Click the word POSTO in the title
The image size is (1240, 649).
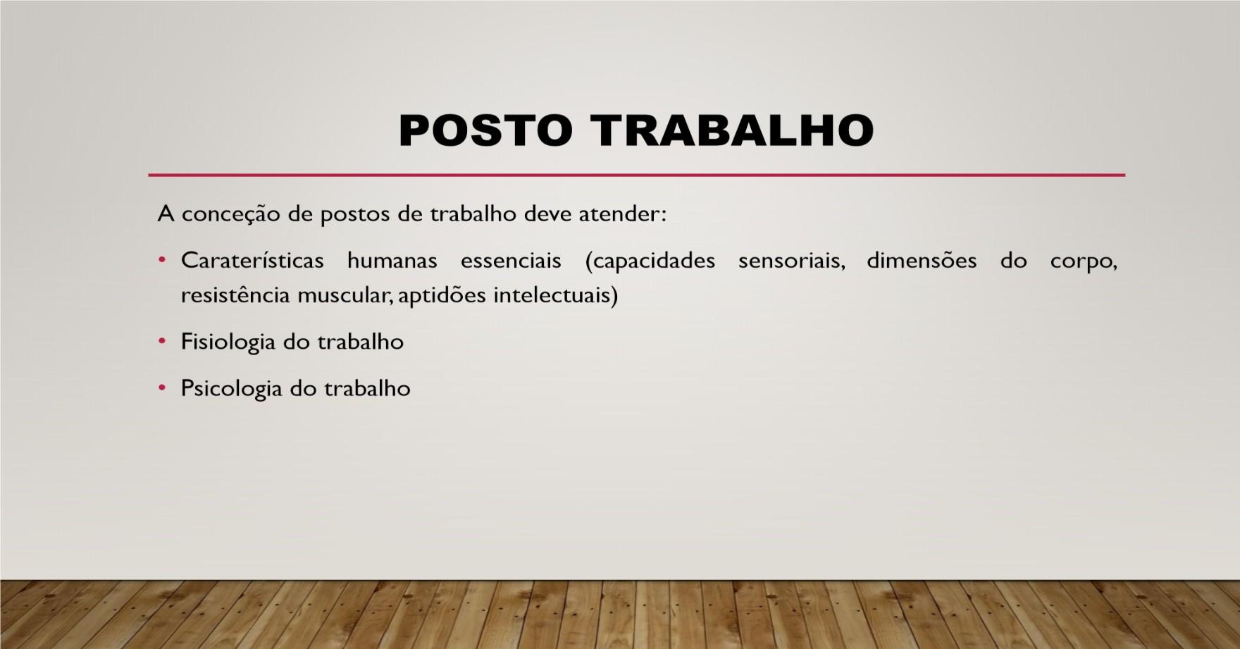click(x=485, y=130)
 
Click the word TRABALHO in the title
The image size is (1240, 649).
click(x=733, y=130)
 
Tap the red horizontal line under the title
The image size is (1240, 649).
click(x=636, y=175)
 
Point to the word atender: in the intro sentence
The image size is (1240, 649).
click(x=622, y=214)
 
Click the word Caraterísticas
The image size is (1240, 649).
click(x=252, y=261)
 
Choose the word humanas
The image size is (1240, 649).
click(x=392, y=261)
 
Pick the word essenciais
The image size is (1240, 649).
click(x=511, y=261)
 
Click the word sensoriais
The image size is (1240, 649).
click(x=791, y=261)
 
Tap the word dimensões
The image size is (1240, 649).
click(x=922, y=261)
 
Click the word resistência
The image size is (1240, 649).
click(x=235, y=295)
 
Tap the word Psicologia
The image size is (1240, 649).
click(x=231, y=389)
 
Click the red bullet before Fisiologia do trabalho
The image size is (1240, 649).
click(x=162, y=342)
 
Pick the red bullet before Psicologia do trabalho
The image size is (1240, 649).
click(x=162, y=388)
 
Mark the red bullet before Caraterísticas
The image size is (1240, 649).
click(x=162, y=261)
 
